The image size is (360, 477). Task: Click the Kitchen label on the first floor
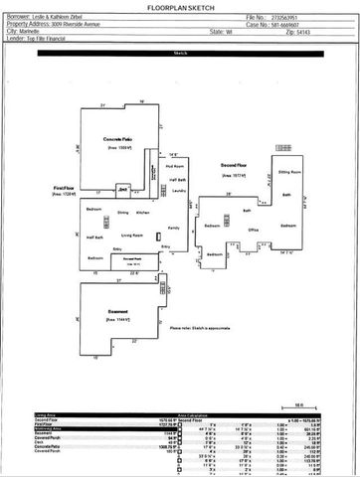[142, 213]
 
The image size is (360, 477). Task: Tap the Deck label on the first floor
[122, 189]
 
